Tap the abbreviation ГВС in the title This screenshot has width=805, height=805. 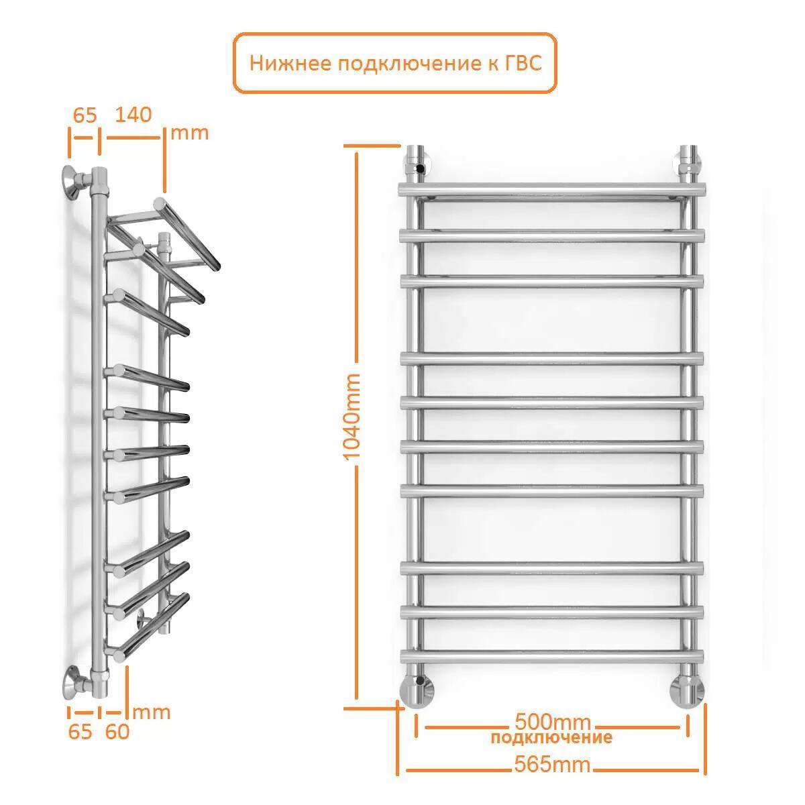pyautogui.click(x=523, y=64)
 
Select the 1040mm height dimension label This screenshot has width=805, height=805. pyautogui.click(x=351, y=417)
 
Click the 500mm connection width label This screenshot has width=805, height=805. pyautogui.click(x=553, y=720)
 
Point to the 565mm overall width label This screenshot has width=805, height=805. pyautogui.click(x=552, y=764)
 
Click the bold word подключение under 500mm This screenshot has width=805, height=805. pyautogui.click(x=551, y=737)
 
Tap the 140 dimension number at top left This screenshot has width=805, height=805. pyautogui.click(x=133, y=115)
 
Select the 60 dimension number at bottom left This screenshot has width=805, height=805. pyautogui.click(x=117, y=731)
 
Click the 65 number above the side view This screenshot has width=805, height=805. pyautogui.click(x=85, y=115)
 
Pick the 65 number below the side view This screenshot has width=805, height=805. pyautogui.click(x=80, y=731)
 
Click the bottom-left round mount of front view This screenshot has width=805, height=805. pyautogui.click(x=417, y=692)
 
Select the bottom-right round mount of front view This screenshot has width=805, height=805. pyautogui.click(x=687, y=692)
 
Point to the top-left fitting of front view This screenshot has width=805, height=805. pyautogui.click(x=416, y=164)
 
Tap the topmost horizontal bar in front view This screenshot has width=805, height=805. pyautogui.click(x=552, y=190)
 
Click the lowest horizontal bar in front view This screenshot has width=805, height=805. pyautogui.click(x=552, y=656)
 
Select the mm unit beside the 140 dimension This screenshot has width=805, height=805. pyautogui.click(x=190, y=133)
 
